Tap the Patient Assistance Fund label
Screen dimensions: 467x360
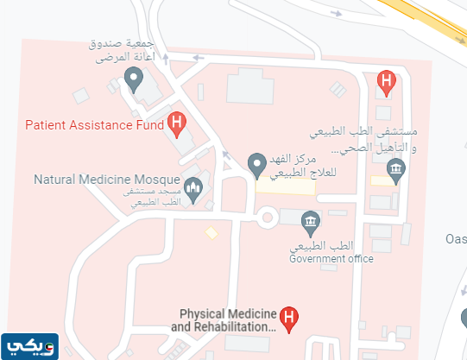click(95, 124)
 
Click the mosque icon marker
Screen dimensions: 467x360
click(193, 186)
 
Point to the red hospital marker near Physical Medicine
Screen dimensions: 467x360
click(291, 319)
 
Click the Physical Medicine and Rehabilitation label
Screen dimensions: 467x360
click(226, 321)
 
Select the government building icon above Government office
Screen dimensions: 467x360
click(310, 224)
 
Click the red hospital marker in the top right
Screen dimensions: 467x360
click(387, 82)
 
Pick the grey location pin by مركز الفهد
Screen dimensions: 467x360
click(256, 163)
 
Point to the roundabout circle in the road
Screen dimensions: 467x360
click(266, 218)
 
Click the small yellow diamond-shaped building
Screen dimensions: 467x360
click(211, 233)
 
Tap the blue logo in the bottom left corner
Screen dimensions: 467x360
click(29, 345)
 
